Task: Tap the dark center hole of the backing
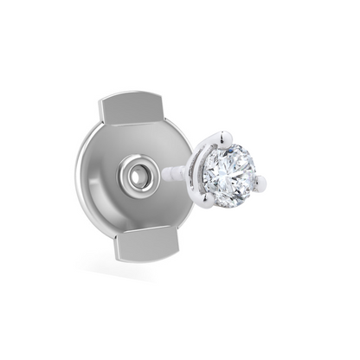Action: pos(136,177)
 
